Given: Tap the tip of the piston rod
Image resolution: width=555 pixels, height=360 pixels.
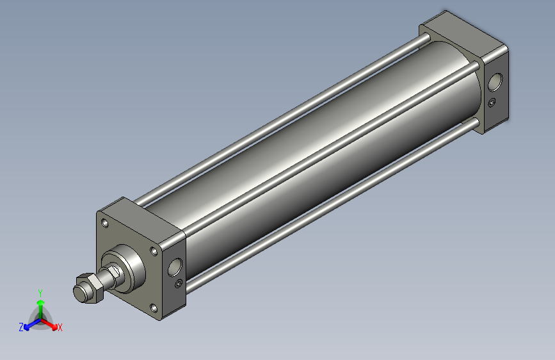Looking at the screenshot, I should pos(79,293).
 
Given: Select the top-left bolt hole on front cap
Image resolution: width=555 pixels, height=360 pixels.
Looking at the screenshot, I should pos(104,224).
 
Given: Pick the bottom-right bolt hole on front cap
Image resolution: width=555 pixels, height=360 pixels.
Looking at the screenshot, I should pos(154,308).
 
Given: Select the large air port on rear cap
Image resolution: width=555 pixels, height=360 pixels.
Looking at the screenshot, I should pos(495,82).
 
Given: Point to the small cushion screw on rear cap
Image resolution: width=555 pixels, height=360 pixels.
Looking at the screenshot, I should pos(492,102).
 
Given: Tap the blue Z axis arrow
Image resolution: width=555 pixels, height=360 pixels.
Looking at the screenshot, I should pos(29,325).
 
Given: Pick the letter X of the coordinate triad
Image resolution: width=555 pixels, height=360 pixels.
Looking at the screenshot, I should pos(60,327).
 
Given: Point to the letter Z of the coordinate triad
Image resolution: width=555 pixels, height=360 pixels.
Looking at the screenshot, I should pos(21,327).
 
